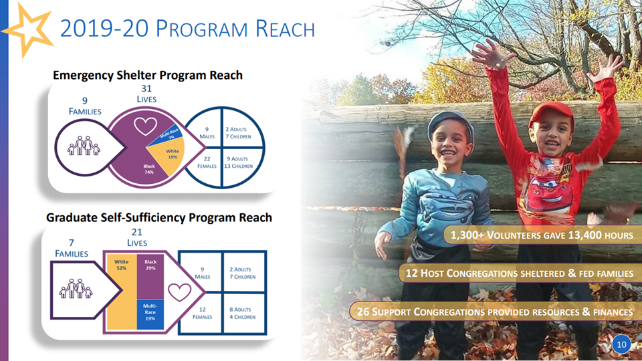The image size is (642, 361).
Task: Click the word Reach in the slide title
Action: click(285, 29)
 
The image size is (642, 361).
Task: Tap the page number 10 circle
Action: click(621, 344)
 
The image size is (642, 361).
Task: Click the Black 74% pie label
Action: click(149, 169)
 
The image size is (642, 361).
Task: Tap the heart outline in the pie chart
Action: click(145, 126)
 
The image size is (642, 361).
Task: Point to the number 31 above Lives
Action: click(146, 88)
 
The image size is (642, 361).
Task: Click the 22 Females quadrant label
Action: click(207, 162)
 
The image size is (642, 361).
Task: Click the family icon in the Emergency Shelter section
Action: click(84, 146)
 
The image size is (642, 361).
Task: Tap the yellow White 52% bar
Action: click(122, 292)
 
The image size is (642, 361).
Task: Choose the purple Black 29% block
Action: click(150, 277)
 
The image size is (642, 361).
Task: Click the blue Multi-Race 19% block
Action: click(150, 314)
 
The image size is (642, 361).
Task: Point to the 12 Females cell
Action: click(202, 313)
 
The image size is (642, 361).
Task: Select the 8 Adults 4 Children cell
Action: click(242, 313)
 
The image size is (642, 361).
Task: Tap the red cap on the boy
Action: click(552, 112)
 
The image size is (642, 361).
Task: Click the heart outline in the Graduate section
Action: click(180, 292)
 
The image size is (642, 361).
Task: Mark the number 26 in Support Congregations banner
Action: click(363, 312)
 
